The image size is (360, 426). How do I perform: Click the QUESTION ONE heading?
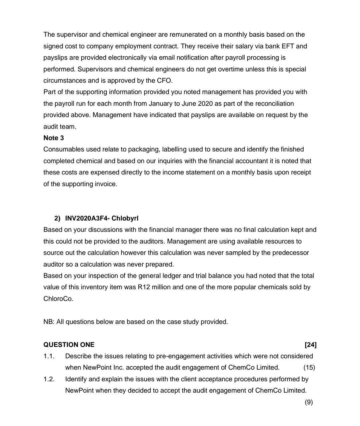[69, 345]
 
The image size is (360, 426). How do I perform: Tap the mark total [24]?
[311, 345]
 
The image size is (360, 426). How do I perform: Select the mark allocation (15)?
[309, 368]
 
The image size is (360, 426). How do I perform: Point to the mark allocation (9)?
[309, 402]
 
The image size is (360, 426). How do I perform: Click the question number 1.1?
[49, 356]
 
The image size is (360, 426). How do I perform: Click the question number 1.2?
[49, 379]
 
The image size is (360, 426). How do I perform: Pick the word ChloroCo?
[58, 299]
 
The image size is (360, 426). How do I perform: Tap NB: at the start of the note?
[49, 322]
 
